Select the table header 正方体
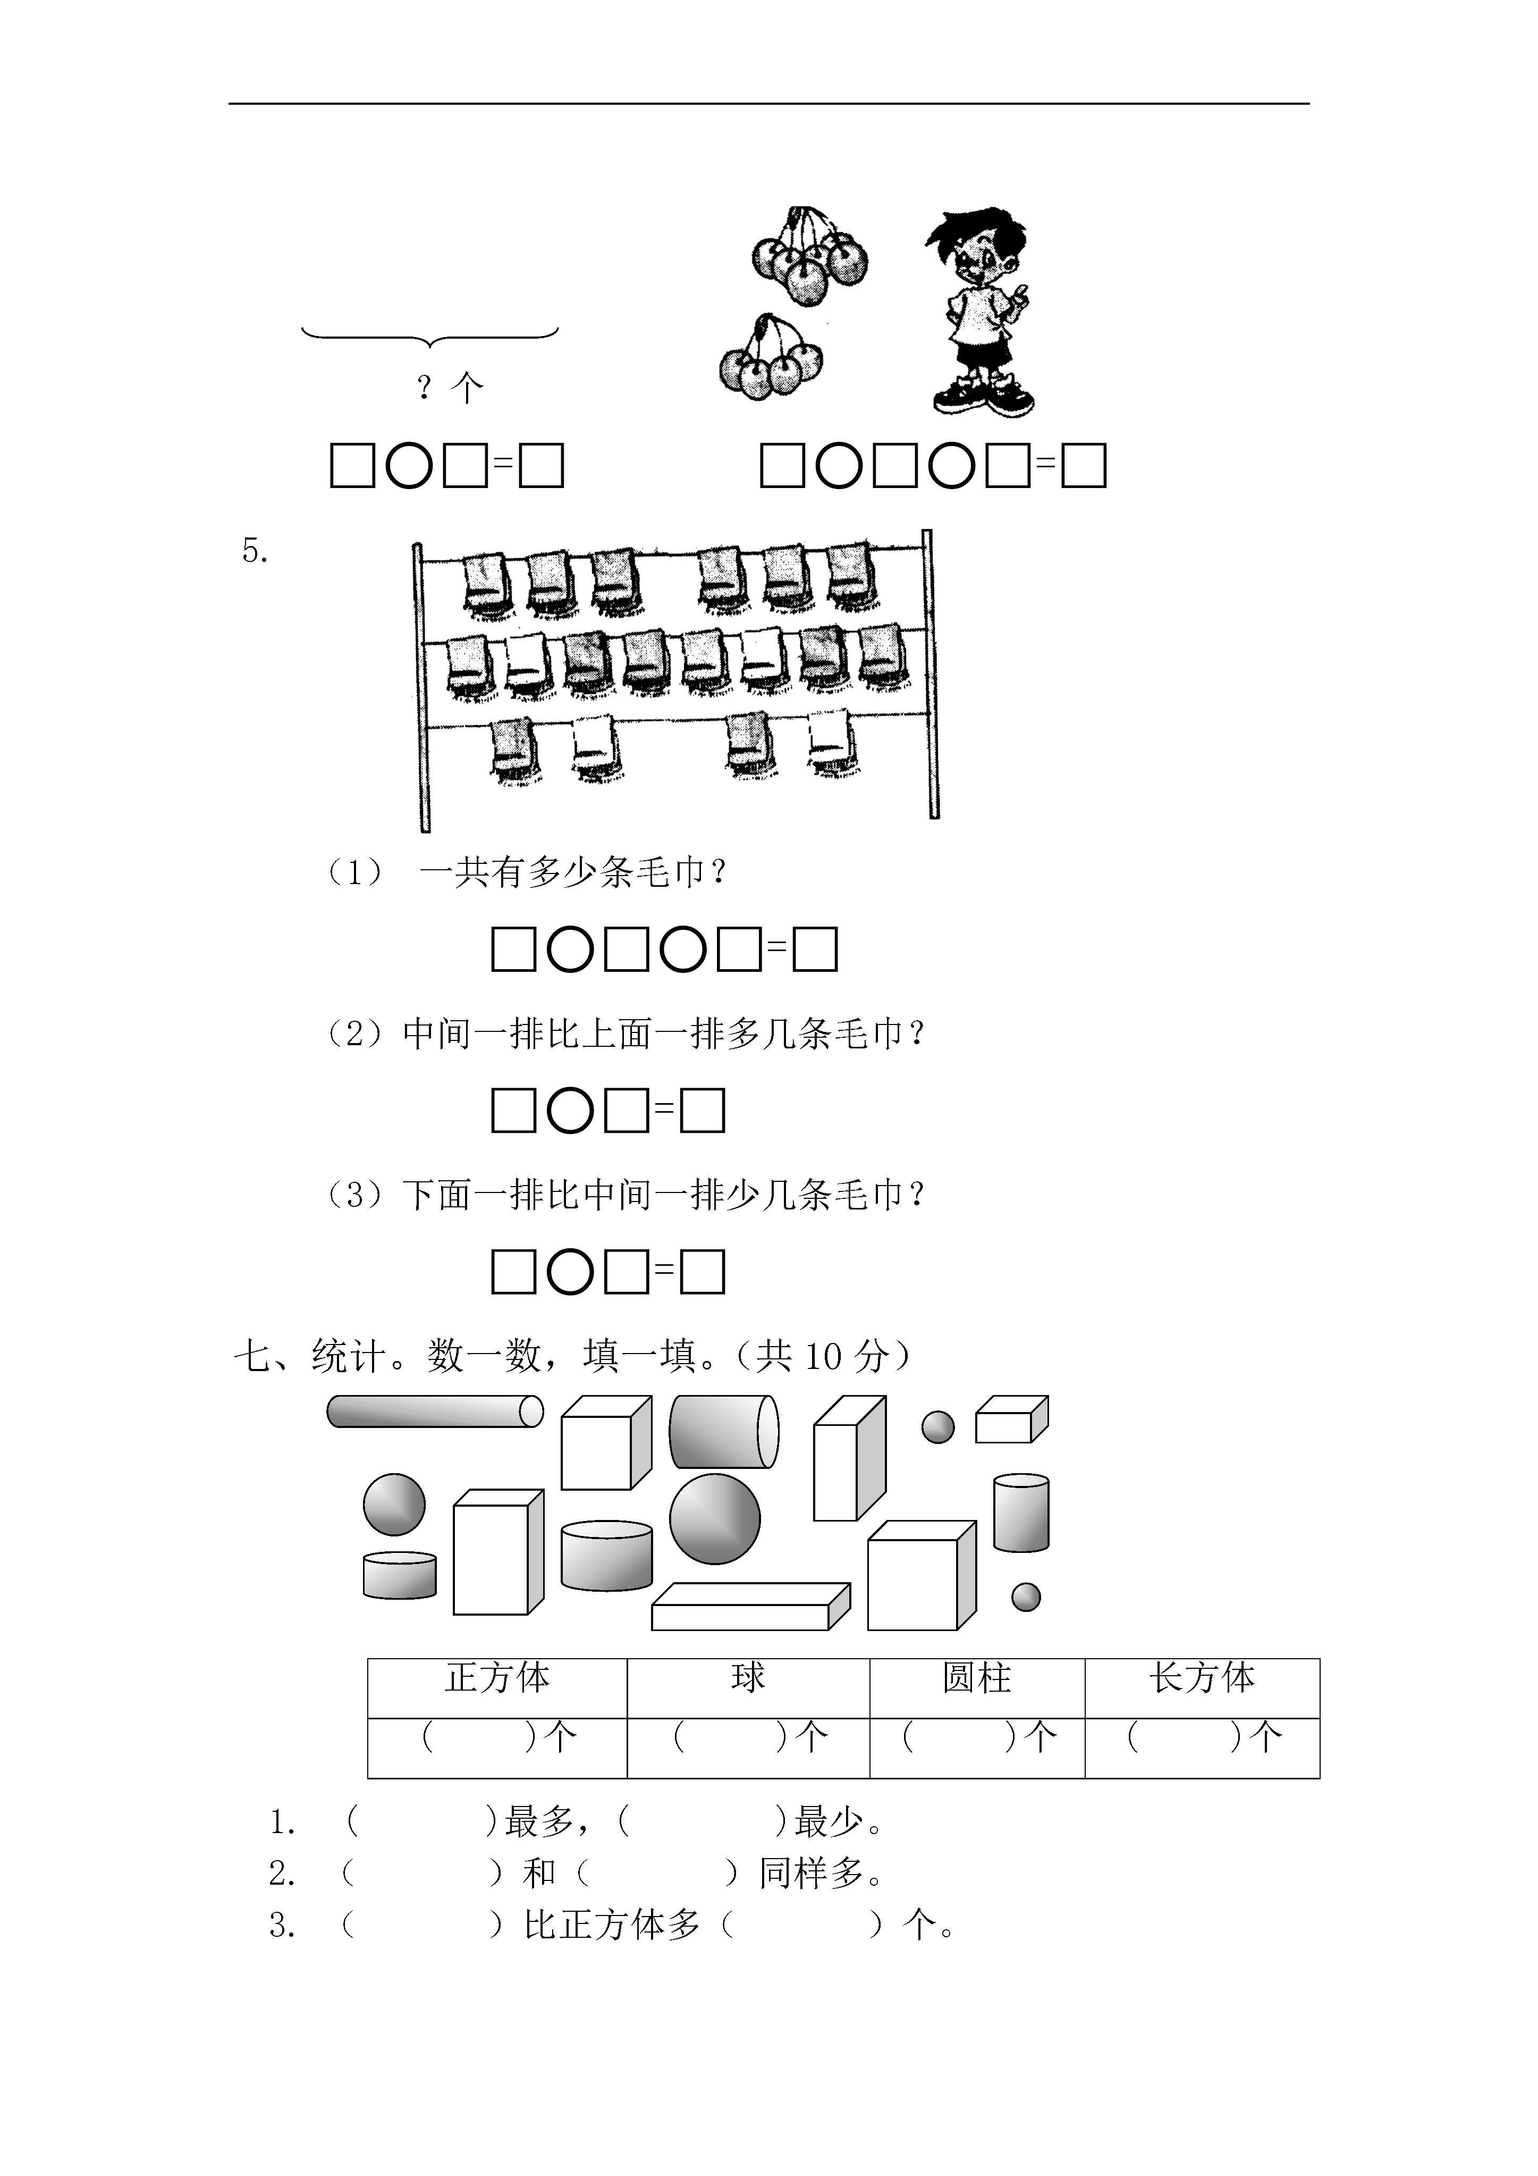497,1678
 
